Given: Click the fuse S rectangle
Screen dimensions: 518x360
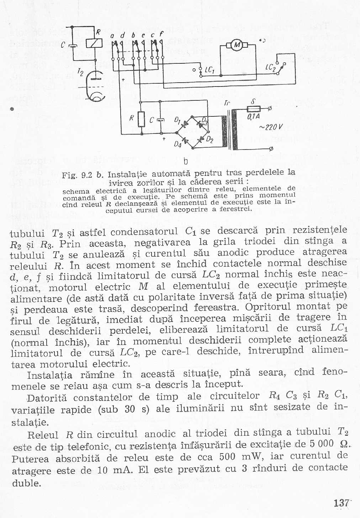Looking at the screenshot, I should pos(253,109).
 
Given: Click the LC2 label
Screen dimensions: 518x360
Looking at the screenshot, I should pos(270,67).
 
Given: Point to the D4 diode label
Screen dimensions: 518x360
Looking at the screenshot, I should pos(178,144).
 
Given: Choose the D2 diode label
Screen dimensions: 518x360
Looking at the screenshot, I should pos(210,139).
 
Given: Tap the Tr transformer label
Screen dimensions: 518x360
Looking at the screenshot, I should pos(227,104).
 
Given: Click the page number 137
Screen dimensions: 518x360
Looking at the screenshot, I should pos(341,503).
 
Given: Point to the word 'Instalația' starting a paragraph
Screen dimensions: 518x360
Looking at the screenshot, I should pos(50,375).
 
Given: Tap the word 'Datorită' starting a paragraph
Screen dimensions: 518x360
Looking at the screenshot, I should pos(47,398).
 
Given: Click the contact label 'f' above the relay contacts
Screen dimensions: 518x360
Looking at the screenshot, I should pos(161,35).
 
